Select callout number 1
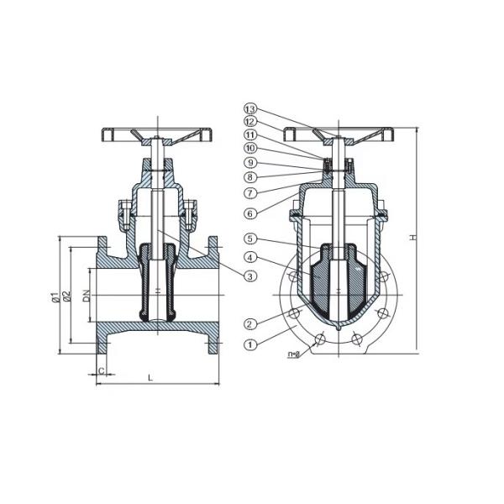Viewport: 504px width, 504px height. click(x=250, y=344)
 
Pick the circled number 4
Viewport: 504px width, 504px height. click(x=250, y=256)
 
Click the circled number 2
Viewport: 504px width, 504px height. click(x=250, y=323)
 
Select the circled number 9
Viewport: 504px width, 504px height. click(x=250, y=162)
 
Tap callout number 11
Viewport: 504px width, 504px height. click(x=250, y=135)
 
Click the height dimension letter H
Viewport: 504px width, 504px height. click(x=412, y=238)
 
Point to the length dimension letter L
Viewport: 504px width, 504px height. click(x=151, y=379)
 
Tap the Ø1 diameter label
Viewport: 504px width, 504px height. click(x=53, y=296)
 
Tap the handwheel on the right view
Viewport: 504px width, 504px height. click(x=339, y=133)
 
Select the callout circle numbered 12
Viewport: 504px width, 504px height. click(x=250, y=123)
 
